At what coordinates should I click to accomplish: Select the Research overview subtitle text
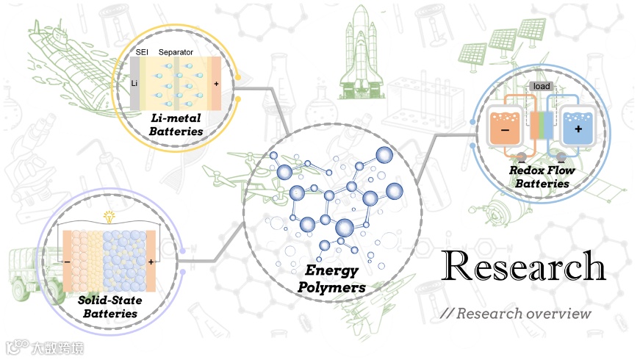(516, 314)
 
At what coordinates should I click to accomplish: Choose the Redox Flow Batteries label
(542, 177)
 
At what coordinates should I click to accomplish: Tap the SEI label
(143, 54)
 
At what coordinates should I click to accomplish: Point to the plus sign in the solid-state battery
(151, 261)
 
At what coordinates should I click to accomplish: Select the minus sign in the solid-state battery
(67, 261)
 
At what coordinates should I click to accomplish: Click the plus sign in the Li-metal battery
(216, 84)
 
